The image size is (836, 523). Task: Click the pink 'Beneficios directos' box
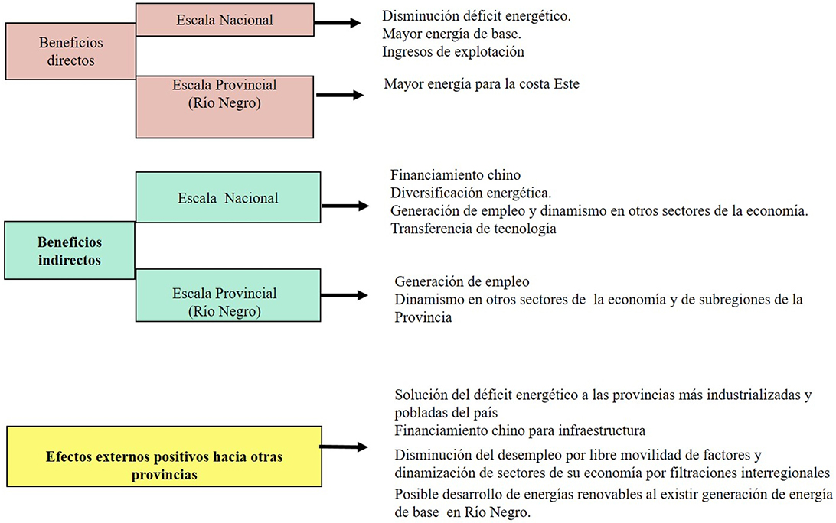(x=70, y=51)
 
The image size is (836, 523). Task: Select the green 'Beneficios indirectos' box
(x=70, y=250)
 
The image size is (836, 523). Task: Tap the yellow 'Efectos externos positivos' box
(x=164, y=456)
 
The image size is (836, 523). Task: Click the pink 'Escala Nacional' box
(x=225, y=20)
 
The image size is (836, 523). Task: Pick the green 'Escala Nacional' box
(x=228, y=197)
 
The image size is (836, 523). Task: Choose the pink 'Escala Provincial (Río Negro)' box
(x=224, y=106)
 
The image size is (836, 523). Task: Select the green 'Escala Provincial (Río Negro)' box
(x=228, y=295)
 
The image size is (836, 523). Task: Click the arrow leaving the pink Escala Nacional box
(x=338, y=22)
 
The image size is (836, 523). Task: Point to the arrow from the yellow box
(x=345, y=447)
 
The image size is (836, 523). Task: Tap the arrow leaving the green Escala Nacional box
(x=345, y=206)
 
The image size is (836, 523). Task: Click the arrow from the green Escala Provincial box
(x=345, y=295)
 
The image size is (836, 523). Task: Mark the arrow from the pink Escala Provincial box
(x=340, y=95)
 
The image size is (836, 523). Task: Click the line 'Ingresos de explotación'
(x=453, y=52)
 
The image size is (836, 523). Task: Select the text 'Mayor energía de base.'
(x=452, y=34)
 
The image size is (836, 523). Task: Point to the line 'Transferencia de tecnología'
(x=473, y=229)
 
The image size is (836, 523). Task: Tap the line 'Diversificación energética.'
(x=471, y=193)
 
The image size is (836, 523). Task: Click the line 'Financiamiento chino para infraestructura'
(x=520, y=430)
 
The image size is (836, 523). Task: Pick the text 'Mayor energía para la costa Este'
(x=482, y=84)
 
